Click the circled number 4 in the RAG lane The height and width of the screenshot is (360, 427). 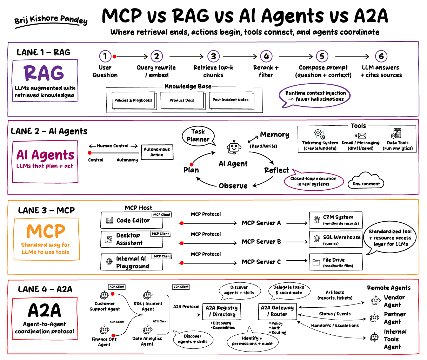266,56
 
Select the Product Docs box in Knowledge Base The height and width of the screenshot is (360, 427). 182,100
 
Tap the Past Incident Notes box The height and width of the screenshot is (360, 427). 231,100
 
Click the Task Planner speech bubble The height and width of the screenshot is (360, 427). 198,136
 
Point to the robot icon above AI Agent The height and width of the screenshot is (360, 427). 234,148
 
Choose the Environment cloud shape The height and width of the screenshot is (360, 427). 366,182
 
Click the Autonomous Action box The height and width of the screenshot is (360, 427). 157,152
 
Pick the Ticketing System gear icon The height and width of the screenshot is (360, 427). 319,134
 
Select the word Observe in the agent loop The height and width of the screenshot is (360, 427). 233,186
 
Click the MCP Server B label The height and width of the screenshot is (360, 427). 261,242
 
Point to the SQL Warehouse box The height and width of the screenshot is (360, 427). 335,240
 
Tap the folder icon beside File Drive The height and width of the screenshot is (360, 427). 316,262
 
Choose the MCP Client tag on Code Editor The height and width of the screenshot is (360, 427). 162,215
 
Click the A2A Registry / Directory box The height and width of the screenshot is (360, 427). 221,311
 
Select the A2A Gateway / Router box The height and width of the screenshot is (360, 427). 277,311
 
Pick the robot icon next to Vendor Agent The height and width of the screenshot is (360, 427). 375,301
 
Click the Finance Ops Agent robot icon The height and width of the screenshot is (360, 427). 104,330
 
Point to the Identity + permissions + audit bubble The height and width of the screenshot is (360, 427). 252,341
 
